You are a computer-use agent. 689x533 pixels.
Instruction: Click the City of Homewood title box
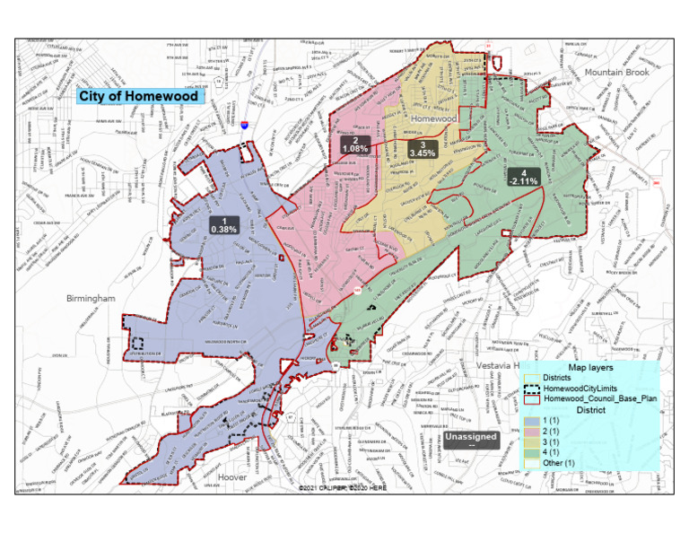137,96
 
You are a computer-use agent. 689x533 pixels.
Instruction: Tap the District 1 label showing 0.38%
222,225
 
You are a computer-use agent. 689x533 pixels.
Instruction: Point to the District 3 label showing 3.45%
422,149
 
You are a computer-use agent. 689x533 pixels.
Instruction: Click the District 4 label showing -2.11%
523,177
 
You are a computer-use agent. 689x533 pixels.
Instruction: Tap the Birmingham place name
91,297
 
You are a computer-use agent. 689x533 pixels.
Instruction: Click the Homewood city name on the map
434,118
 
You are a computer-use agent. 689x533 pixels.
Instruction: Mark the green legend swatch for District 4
531,452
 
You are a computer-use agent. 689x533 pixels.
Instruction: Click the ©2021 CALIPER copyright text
344,489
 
